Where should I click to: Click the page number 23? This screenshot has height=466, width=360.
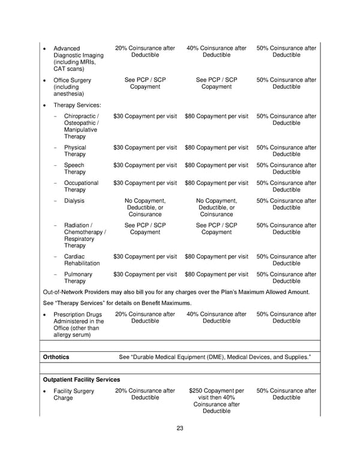pyautogui.click(x=180, y=428)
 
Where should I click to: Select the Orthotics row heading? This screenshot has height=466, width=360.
pyautogui.click(x=56, y=357)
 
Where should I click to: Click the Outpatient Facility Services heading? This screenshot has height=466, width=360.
pyautogui.click(x=82, y=380)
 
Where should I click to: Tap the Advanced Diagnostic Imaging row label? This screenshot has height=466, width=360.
pyautogui.click(x=78, y=59)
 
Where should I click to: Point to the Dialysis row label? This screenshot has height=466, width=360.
pyautogui.click(x=74, y=201)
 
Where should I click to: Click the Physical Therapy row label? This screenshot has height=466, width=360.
pyautogui.click(x=75, y=151)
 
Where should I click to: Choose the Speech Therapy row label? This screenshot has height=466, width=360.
pyautogui.click(x=74, y=169)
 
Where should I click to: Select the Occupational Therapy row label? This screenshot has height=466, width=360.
pyautogui.click(x=81, y=187)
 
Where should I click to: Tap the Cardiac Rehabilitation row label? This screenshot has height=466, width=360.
pyautogui.click(x=81, y=260)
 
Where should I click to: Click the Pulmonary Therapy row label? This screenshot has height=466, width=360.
pyautogui.click(x=78, y=278)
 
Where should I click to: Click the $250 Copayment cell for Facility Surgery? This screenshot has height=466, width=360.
pyautogui.click(x=217, y=401)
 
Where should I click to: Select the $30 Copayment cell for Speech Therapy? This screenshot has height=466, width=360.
pyautogui.click(x=145, y=165)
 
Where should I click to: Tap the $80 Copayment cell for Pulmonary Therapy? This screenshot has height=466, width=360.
pyautogui.click(x=217, y=274)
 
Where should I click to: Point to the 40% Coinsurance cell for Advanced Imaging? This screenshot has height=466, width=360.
pyautogui.click(x=217, y=52)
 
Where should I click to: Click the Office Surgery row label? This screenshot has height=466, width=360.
pyautogui.click(x=72, y=87)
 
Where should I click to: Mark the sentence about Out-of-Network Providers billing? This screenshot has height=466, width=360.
pyautogui.click(x=177, y=292)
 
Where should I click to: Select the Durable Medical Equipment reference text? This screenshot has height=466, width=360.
pyautogui.click(x=215, y=357)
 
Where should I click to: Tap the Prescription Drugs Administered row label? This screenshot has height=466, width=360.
pyautogui.click(x=78, y=324)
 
